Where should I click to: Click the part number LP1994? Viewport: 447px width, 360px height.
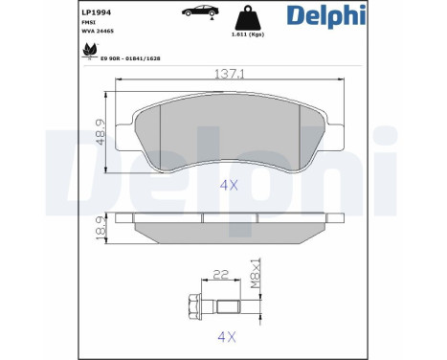click(96, 12)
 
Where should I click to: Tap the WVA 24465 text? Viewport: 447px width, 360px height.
click(98, 32)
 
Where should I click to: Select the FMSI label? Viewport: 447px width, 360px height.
click(88, 22)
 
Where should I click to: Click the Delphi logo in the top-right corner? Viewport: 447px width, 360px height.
click(325, 15)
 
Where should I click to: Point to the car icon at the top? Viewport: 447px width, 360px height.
click(200, 11)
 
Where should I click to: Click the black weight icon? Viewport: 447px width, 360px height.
click(248, 18)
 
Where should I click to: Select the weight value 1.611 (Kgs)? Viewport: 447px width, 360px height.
click(248, 34)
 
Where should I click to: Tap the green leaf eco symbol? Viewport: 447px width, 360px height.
click(89, 50)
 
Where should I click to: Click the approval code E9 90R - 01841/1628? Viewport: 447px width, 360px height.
click(130, 58)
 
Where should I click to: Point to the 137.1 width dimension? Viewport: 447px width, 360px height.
click(229, 74)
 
